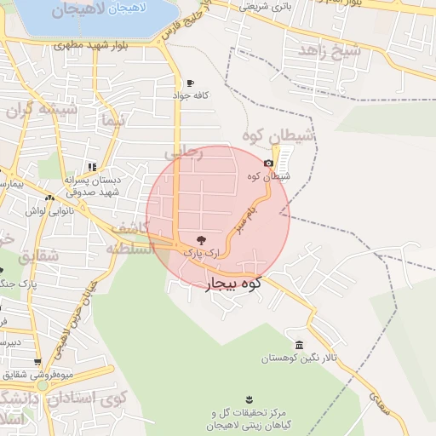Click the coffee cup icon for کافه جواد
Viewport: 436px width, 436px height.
pos(189,83)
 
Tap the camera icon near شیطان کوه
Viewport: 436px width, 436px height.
pos(269,163)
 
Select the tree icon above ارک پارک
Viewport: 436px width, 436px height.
pos(201,241)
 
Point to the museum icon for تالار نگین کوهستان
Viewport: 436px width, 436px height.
pos(299,345)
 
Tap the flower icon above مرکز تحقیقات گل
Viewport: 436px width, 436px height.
pos(249,399)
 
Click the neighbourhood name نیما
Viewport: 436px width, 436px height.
pos(112,120)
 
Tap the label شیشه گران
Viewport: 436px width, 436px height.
pos(42,110)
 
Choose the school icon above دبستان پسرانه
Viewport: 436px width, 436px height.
pos(92,166)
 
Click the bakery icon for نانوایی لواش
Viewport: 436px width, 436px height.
pos(49,198)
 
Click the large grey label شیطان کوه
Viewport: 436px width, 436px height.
pos(279,136)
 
